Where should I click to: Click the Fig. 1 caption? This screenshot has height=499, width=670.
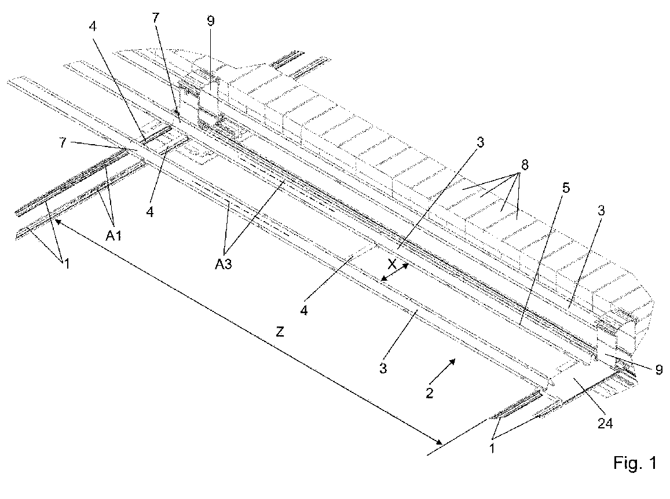(x=635, y=464)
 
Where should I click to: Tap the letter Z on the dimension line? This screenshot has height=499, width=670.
(x=280, y=332)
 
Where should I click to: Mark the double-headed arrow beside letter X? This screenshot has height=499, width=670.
(x=396, y=273)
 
